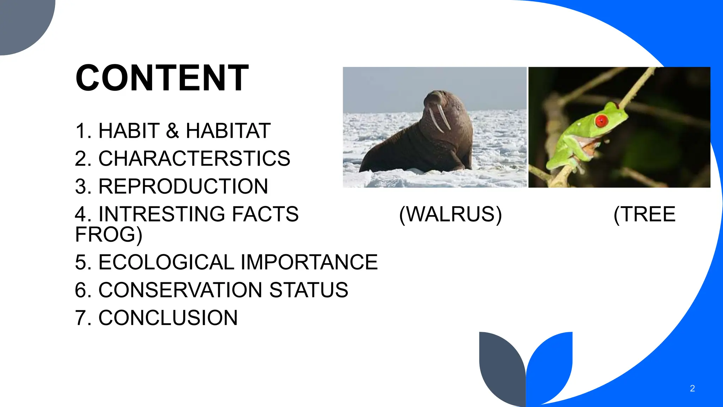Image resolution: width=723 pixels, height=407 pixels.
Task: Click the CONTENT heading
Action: pyautogui.click(x=162, y=78)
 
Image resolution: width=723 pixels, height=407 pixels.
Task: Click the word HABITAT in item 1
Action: pyautogui.click(x=228, y=131)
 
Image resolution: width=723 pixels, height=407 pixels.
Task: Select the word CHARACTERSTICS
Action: pyautogui.click(x=194, y=158)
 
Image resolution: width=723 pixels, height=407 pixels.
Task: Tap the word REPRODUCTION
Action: pyautogui.click(x=183, y=186)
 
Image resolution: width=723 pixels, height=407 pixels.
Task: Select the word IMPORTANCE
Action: pyautogui.click(x=309, y=262)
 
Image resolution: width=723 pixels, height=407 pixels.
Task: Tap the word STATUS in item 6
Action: pyautogui.click(x=309, y=290)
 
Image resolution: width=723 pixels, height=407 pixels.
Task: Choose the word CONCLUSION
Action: pyautogui.click(x=168, y=318)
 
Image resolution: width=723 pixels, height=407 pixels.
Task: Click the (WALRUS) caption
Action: pyautogui.click(x=450, y=214)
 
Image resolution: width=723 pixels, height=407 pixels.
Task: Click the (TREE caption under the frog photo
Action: pyautogui.click(x=645, y=214)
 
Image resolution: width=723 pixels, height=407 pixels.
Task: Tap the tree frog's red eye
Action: pyautogui.click(x=601, y=121)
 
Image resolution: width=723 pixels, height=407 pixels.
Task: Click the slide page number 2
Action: pyautogui.click(x=692, y=389)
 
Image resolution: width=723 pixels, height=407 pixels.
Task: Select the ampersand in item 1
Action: pyautogui.click(x=173, y=131)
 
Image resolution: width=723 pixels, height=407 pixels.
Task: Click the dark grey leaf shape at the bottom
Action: pyautogui.click(x=501, y=367)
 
